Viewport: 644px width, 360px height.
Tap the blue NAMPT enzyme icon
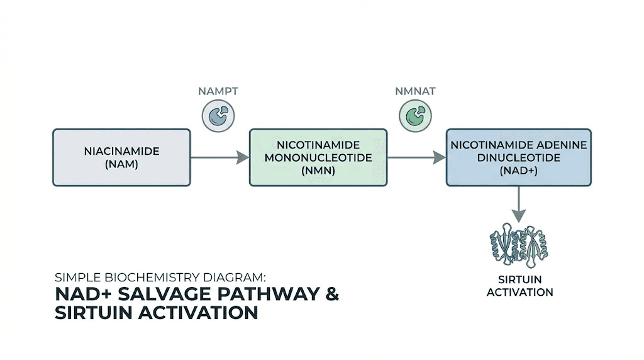[x=218, y=116]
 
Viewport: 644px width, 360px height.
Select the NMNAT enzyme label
[x=416, y=91]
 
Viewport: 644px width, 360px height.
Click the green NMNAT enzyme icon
[x=415, y=116]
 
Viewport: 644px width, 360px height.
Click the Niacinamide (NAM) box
[x=121, y=157]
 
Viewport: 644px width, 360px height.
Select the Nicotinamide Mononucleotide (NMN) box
[x=318, y=157]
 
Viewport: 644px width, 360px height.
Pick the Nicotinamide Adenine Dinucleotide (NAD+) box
[x=518, y=157]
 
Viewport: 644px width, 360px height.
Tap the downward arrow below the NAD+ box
[x=519, y=205]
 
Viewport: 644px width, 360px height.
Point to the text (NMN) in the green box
[x=318, y=170]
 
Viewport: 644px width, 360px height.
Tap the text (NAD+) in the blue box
[x=519, y=170]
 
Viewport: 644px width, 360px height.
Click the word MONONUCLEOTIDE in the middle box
[x=318, y=157]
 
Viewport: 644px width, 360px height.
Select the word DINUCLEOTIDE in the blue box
[x=519, y=157]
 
